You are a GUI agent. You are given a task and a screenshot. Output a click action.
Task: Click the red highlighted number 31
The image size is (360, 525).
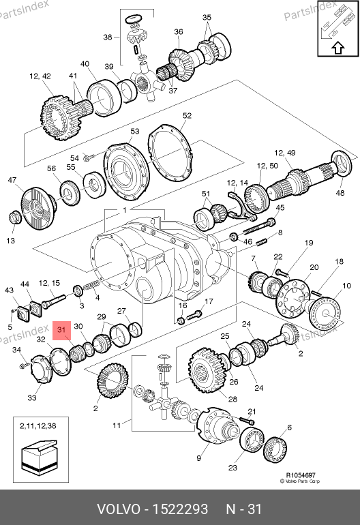pos(61,330)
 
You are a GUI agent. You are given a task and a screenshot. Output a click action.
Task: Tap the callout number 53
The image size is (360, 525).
pos(134,131)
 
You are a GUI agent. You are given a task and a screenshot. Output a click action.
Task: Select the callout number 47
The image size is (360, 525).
pos(12,180)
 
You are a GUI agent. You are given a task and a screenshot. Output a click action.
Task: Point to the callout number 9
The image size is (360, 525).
pos(198,458)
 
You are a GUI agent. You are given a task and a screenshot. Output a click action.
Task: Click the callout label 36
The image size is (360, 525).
pos(179,32)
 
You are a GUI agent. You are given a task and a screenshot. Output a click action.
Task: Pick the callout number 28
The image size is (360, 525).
pos(232,399)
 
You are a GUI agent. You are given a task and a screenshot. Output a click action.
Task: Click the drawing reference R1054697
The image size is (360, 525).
pos(301,475)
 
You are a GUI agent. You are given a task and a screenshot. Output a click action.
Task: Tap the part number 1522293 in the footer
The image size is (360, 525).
pos(180,509)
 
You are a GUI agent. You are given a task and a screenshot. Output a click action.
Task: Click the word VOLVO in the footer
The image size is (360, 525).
pos(119,509)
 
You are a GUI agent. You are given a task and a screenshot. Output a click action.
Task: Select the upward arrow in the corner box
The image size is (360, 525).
pos(339,48)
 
